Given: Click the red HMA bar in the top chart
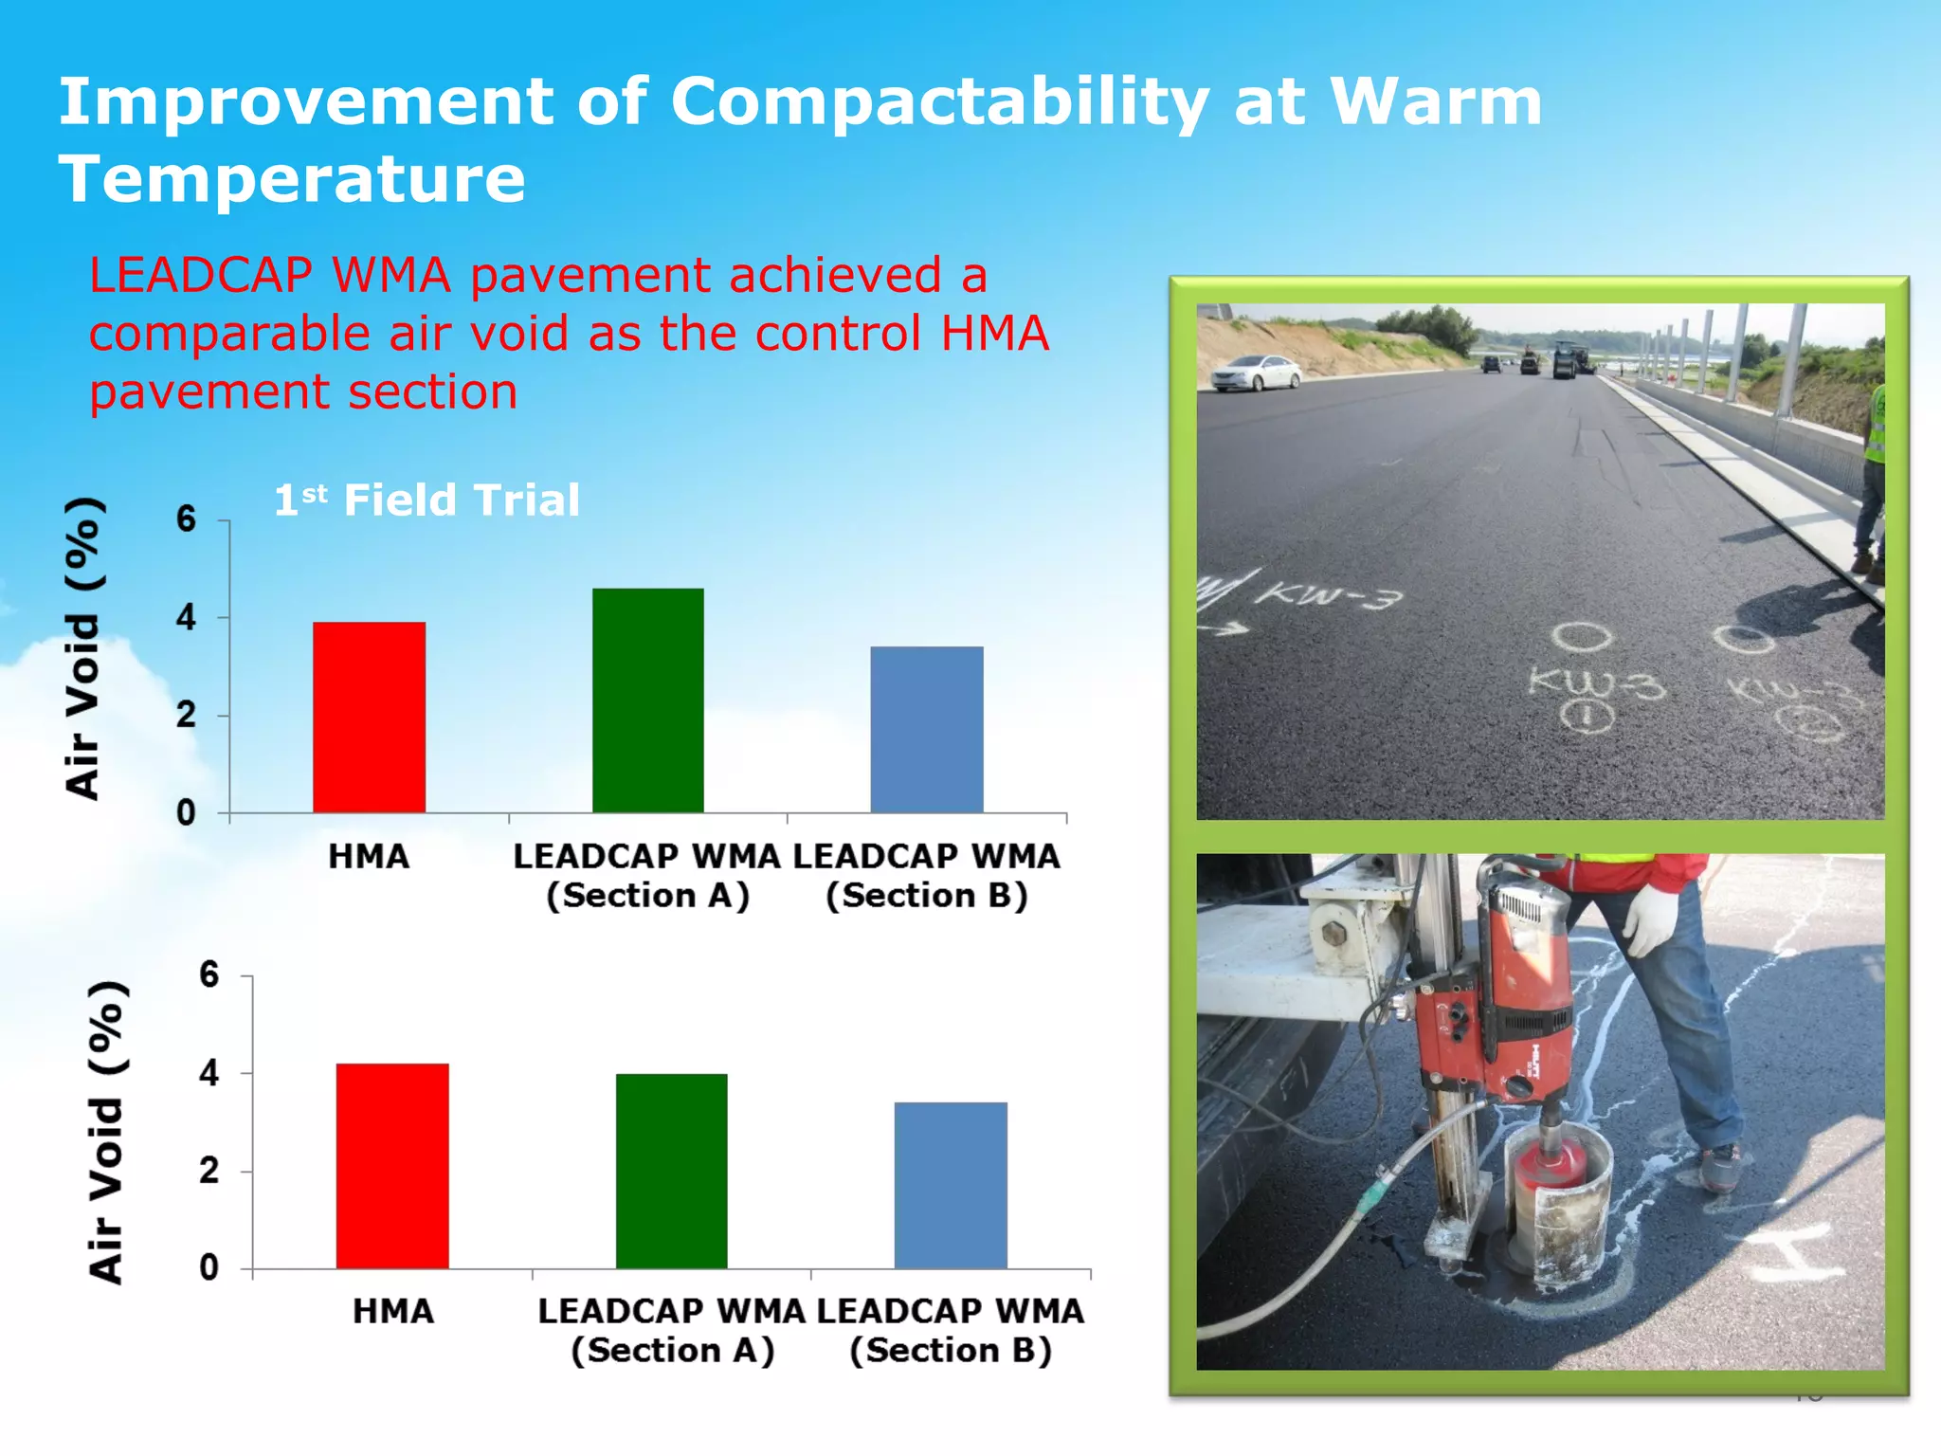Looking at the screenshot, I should [x=369, y=718].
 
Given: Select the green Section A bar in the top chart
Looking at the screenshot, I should [x=648, y=701].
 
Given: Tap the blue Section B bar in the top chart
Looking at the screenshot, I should [x=927, y=729].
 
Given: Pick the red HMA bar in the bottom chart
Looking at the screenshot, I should [x=392, y=1166].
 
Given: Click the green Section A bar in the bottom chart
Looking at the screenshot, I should [x=671, y=1171].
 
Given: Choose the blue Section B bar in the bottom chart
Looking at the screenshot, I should [x=951, y=1185].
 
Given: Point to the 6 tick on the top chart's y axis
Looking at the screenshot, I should [x=186, y=519].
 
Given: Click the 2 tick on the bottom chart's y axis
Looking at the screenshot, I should [x=209, y=1171].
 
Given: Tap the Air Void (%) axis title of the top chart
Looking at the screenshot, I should [x=83, y=649].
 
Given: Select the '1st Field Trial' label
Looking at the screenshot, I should [x=426, y=500].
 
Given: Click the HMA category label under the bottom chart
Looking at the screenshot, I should [x=392, y=1311].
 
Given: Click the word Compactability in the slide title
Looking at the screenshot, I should [x=938, y=101].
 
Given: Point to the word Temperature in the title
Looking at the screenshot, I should [x=292, y=179].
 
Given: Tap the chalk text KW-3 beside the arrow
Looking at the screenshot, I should [x=1327, y=596].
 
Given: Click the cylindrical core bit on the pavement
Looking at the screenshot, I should [x=1554, y=1204].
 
